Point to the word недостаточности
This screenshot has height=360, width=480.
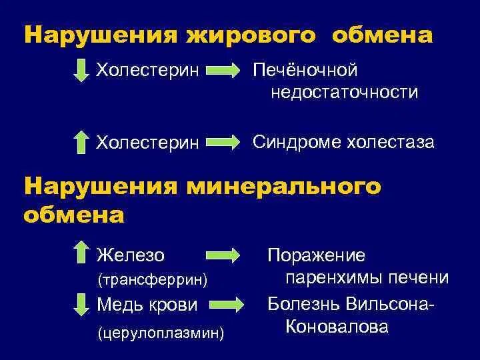pyautogui.click(x=345, y=93)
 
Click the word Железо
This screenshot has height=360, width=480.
pyautogui.click(x=131, y=254)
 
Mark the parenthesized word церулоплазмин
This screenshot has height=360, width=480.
pyautogui.click(x=160, y=330)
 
